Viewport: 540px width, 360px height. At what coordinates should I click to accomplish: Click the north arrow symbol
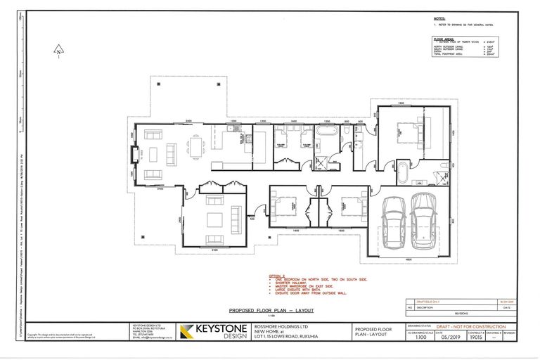point(60,50)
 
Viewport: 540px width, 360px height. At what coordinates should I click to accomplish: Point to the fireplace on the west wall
point(138,153)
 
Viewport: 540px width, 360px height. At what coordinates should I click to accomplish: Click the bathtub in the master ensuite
point(405,172)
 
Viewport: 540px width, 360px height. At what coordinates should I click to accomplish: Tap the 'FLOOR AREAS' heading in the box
point(444,40)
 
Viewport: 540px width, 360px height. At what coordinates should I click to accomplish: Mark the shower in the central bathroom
point(322,163)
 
